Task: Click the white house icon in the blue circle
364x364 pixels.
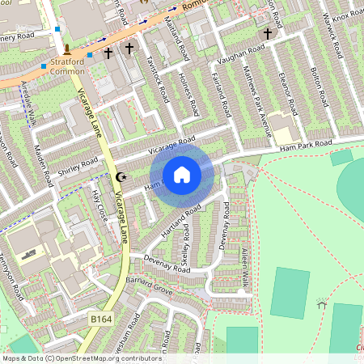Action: click(182, 174)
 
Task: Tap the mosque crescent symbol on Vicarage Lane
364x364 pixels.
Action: click(122, 176)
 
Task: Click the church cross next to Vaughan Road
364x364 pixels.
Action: click(268, 34)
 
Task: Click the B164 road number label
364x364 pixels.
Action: click(101, 320)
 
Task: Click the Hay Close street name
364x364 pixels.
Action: click(101, 202)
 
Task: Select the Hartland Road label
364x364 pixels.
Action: click(182, 218)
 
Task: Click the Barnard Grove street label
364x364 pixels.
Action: click(150, 289)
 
